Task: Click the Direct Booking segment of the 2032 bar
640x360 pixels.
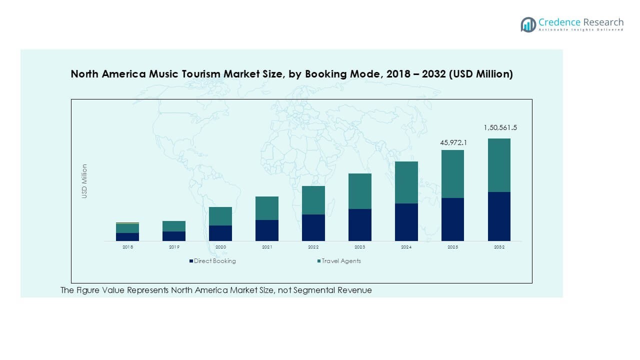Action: pyautogui.click(x=499, y=216)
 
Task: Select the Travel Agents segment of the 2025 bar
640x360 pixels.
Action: pyautogui.click(x=452, y=174)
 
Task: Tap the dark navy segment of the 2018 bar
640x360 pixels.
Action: pyautogui.click(x=127, y=236)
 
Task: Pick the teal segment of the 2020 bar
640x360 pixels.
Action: pyautogui.click(x=220, y=216)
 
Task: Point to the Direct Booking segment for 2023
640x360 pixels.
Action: pyautogui.click(x=360, y=224)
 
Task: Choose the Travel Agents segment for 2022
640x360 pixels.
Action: pyautogui.click(x=313, y=200)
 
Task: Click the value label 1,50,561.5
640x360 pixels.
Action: pyautogui.click(x=500, y=128)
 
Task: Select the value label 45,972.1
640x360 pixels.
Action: pyautogui.click(x=453, y=143)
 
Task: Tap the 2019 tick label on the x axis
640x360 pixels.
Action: pyautogui.click(x=174, y=247)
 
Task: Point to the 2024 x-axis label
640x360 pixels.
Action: pyautogui.click(x=406, y=247)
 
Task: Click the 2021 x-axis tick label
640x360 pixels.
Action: pyautogui.click(x=267, y=247)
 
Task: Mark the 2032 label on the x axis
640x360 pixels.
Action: pyautogui.click(x=499, y=247)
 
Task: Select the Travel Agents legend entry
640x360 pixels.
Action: pyautogui.click(x=341, y=261)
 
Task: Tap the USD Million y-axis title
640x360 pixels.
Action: pyautogui.click(x=84, y=181)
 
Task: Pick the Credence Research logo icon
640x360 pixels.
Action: pyautogui.click(x=528, y=24)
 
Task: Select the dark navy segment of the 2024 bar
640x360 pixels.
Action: pyautogui.click(x=406, y=222)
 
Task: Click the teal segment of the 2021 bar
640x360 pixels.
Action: pyautogui.click(x=267, y=208)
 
